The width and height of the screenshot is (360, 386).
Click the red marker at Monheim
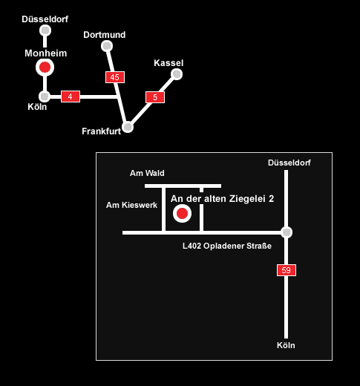pyautogui.click(x=45, y=68)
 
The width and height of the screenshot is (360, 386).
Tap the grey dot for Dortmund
pyautogui.click(x=107, y=46)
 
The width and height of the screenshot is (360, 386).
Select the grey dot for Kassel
pyautogui.click(x=177, y=74)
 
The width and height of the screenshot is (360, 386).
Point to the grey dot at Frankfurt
pyautogui.click(x=128, y=127)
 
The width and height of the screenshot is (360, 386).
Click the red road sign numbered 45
pyautogui.click(x=115, y=77)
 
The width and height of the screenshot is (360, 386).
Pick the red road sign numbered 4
pyautogui.click(x=71, y=96)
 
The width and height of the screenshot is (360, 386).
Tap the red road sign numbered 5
pyautogui.click(x=155, y=97)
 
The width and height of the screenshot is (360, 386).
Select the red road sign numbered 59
pyautogui.click(x=287, y=270)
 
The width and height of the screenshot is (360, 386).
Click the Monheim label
pyautogui.click(x=46, y=53)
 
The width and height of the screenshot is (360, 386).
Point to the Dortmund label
pyautogui.click(x=105, y=35)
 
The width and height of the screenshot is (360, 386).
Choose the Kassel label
pyautogui.click(x=168, y=63)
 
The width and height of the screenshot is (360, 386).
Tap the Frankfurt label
pyautogui.click(x=102, y=131)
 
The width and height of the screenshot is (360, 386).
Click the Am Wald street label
pyautogui.click(x=147, y=173)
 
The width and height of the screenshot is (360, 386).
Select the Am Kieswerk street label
pyautogui.click(x=131, y=205)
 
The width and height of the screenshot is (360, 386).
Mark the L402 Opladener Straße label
pyautogui.click(x=227, y=246)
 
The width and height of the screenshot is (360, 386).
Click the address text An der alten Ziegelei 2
pyautogui.click(x=222, y=199)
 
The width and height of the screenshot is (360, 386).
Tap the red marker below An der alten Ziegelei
pyautogui.click(x=182, y=213)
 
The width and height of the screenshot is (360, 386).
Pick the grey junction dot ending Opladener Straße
pyautogui.click(x=287, y=232)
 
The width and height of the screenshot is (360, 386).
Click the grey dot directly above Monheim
pyautogui.click(x=45, y=30)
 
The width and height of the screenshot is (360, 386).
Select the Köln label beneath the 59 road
pyautogui.click(x=286, y=345)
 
